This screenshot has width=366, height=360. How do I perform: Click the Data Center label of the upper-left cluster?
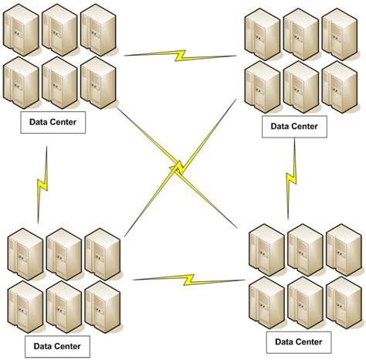tap(53, 121)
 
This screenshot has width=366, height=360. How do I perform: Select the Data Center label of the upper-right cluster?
tap(295, 124)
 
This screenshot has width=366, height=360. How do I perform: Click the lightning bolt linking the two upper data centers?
tap(181, 55)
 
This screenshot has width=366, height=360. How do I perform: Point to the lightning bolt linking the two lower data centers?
tap(185, 277)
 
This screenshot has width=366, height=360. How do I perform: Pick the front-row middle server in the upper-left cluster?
tap(59, 81)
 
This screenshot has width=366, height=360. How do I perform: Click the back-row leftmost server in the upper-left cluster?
tap(22, 29)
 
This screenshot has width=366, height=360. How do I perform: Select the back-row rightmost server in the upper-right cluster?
tap(339, 32)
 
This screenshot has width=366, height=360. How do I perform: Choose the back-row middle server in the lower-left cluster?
tap(63, 252)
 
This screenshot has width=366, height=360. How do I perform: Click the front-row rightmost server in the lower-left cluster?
tap(102, 305)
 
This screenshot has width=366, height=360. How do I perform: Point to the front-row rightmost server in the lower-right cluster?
tap(344, 302)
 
